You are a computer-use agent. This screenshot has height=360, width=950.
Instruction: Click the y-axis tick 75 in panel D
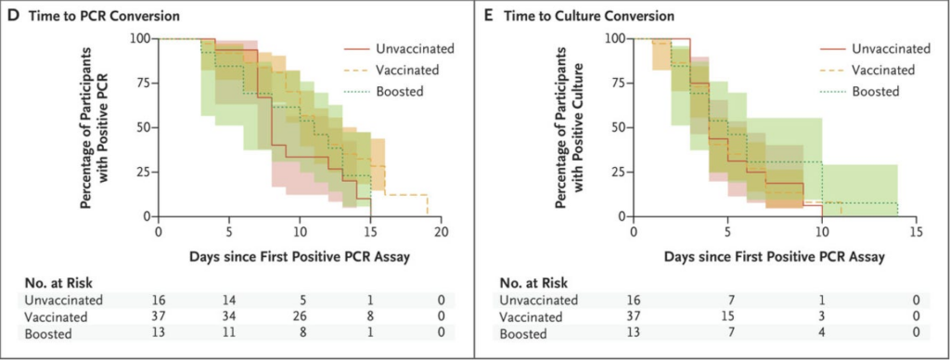(x=139, y=83)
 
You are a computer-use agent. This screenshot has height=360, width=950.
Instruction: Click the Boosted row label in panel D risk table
(x=47, y=331)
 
